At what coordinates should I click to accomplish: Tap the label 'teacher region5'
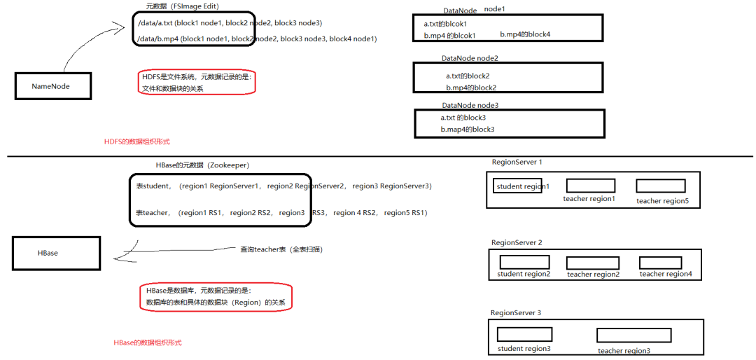[x=662, y=201]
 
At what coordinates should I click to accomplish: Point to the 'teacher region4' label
[x=666, y=274]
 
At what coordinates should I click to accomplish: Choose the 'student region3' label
[x=524, y=348]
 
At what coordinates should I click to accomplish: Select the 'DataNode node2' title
[x=470, y=58]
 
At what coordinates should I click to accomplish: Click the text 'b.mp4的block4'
[x=525, y=34]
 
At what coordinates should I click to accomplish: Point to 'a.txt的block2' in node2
[x=468, y=76]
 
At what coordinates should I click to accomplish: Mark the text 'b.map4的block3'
[x=468, y=129]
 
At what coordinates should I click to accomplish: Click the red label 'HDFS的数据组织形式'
[x=137, y=142]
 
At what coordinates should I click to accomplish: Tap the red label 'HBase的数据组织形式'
[x=148, y=342]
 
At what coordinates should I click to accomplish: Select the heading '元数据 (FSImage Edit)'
[x=182, y=6]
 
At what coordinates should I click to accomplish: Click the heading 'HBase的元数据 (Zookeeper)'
[x=202, y=165]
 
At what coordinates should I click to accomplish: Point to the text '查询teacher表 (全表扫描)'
[x=281, y=249]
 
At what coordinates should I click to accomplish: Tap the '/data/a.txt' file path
[x=155, y=22]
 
